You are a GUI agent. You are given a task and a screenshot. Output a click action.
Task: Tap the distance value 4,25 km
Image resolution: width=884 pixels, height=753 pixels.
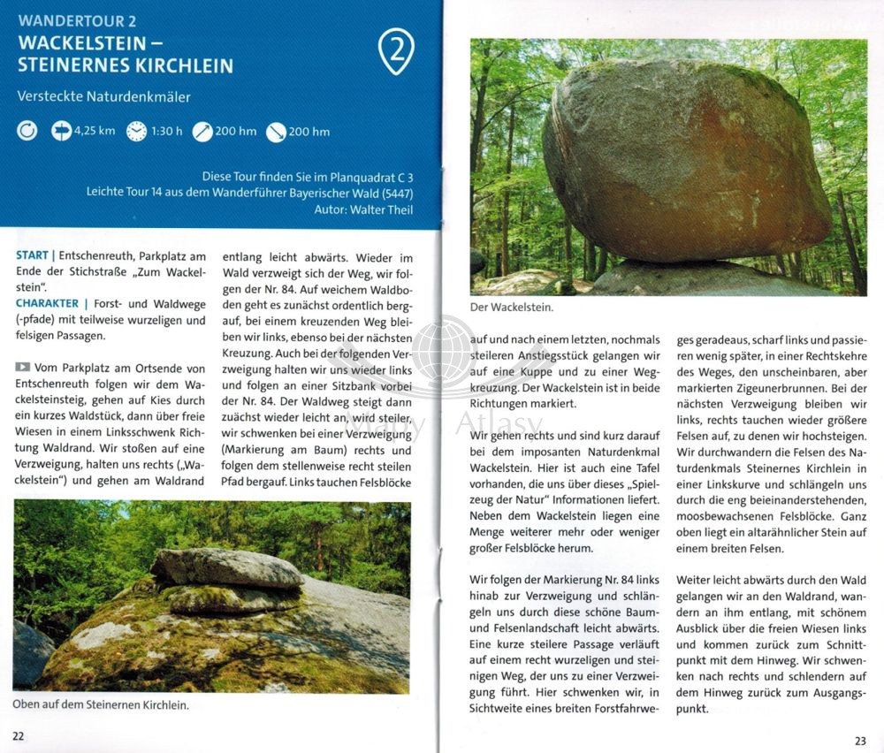[x=95, y=132]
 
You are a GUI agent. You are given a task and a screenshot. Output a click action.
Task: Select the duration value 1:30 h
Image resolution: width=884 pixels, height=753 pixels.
[x=166, y=132]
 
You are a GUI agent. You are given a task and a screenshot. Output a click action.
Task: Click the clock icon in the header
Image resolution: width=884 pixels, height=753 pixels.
[x=135, y=132]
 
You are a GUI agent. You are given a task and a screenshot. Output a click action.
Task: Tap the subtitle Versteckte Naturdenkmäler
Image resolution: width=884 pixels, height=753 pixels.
[x=103, y=96]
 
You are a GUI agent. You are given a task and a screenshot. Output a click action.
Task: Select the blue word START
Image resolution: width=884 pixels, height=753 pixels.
[x=33, y=255]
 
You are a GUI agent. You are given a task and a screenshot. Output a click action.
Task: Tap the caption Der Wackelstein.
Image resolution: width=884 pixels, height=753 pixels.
[x=512, y=308]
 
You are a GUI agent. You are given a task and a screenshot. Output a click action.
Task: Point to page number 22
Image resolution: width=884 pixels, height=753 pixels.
[x=19, y=735]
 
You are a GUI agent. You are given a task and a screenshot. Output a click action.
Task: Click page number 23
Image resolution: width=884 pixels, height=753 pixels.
[x=860, y=741]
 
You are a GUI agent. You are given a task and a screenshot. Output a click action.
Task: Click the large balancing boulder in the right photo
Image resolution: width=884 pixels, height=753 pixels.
[x=681, y=159]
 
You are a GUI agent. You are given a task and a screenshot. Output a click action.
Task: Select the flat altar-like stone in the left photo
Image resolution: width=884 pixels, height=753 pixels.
[x=226, y=567]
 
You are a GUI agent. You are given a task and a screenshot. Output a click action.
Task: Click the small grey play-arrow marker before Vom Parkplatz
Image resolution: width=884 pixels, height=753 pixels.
[x=22, y=367]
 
